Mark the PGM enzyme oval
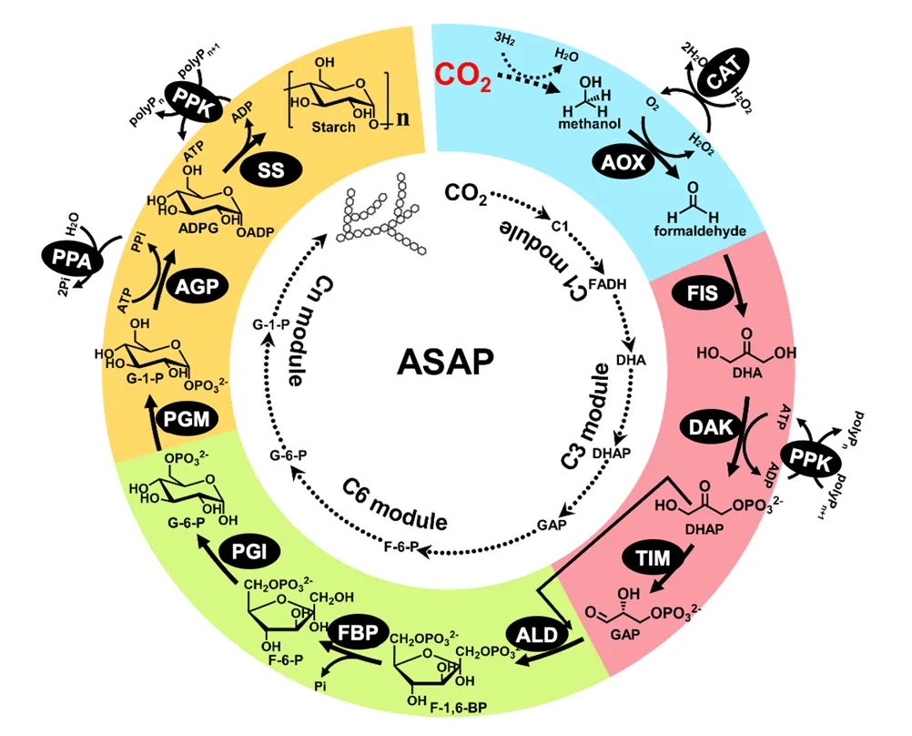pyautogui.click(x=188, y=422)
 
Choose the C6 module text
pyautogui.click(x=394, y=503)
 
